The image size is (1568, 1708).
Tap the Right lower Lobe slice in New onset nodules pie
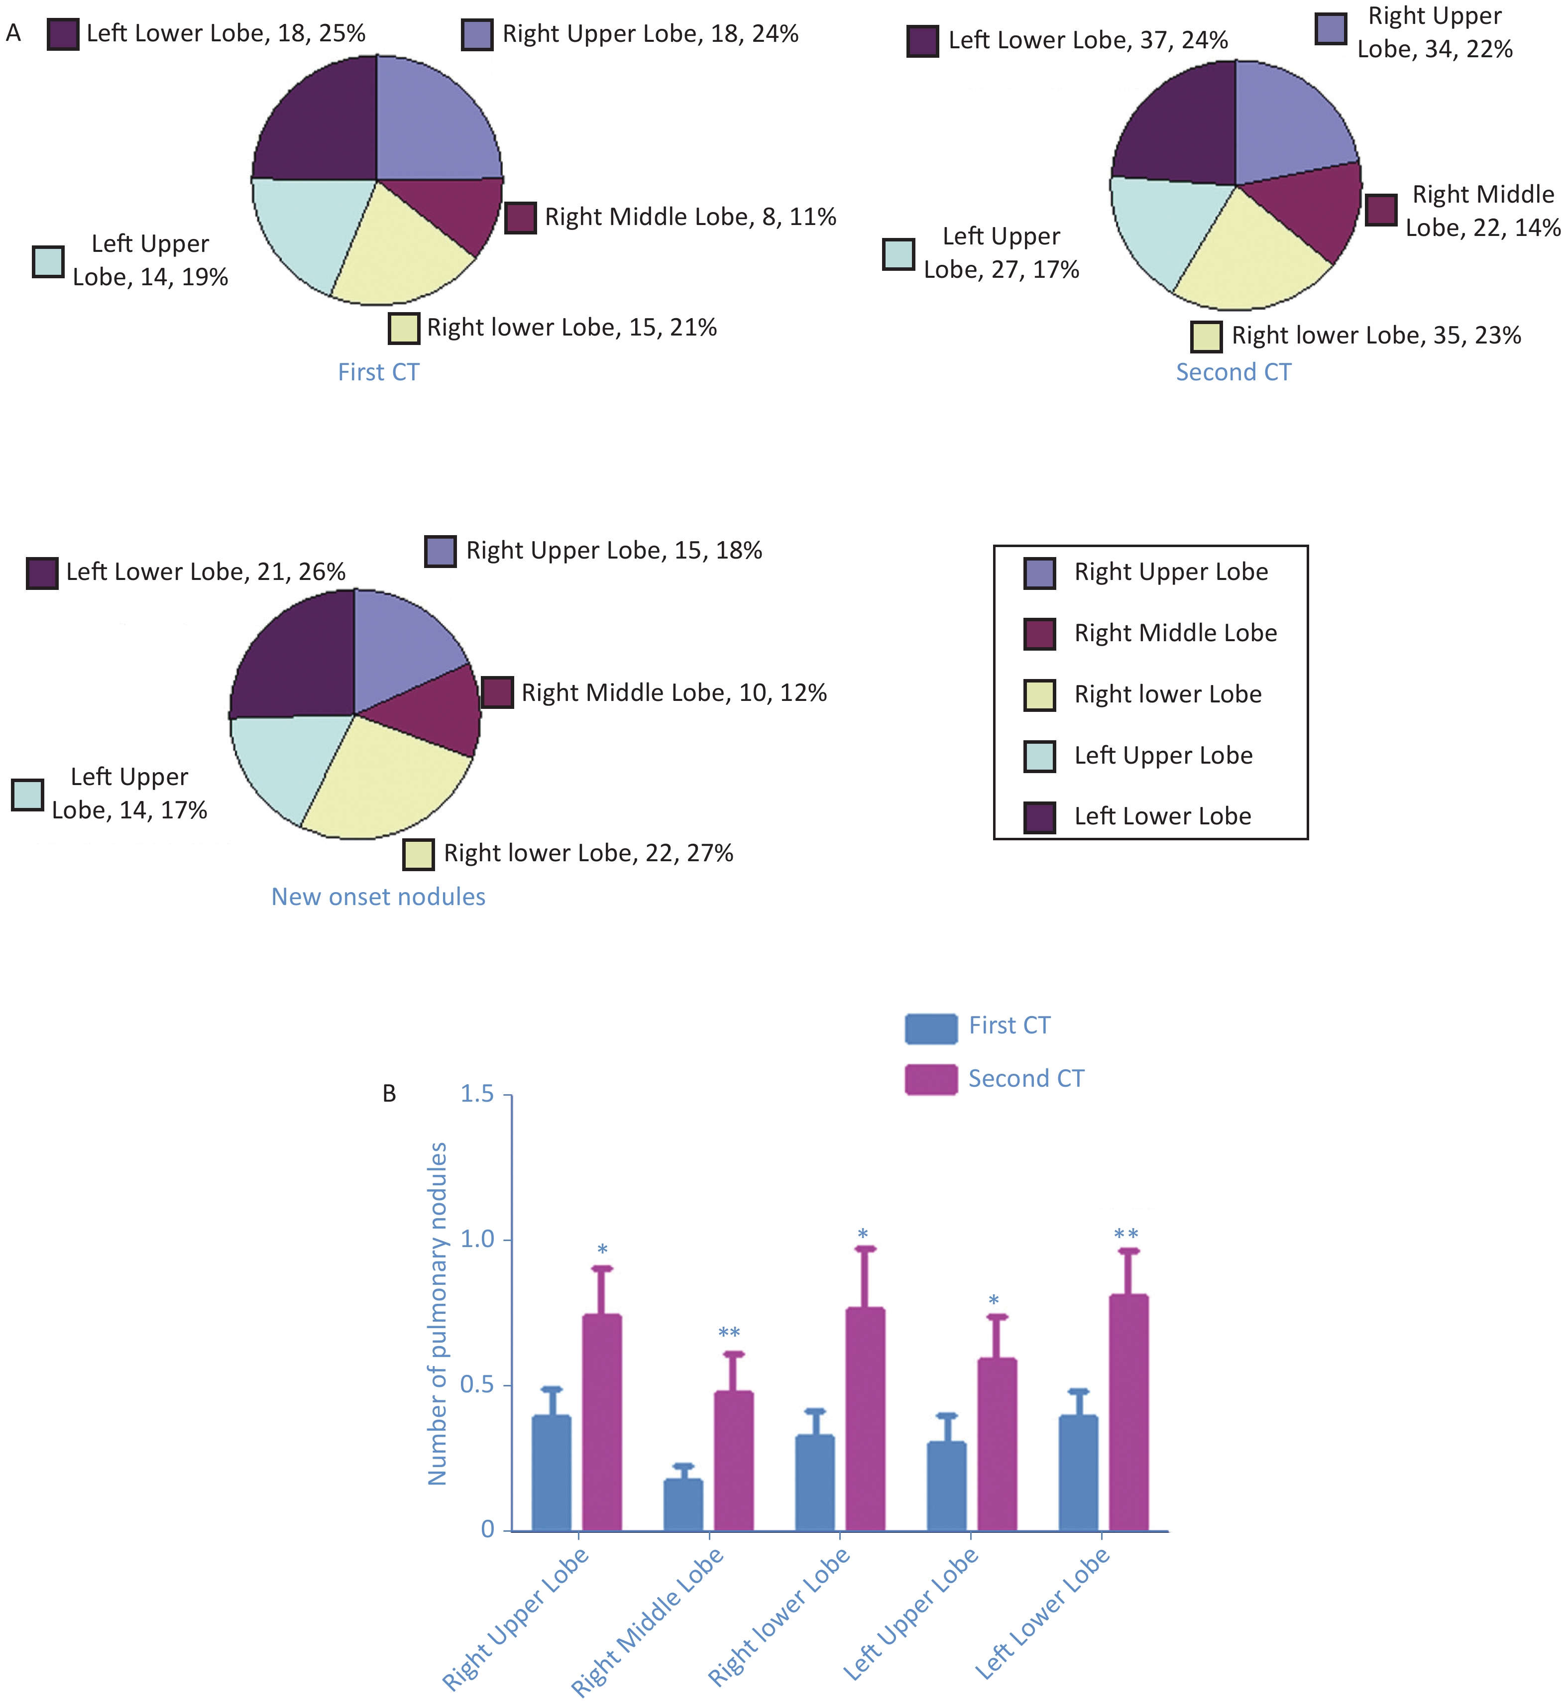pyautogui.click(x=386, y=781)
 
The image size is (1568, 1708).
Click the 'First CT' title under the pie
pyautogui.click(x=378, y=372)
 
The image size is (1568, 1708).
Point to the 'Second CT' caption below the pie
pyautogui.click(x=1233, y=372)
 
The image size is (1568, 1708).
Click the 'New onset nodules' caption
pyautogui.click(x=378, y=897)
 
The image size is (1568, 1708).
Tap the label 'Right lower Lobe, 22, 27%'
pyautogui.click(x=588, y=853)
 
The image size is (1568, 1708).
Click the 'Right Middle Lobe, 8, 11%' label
pyautogui.click(x=690, y=217)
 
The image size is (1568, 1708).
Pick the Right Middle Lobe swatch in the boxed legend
pyautogui.click(x=1039, y=633)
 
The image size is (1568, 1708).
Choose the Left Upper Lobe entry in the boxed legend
pyautogui.click(x=1162, y=755)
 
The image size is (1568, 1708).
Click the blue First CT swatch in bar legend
pyautogui.click(x=931, y=1028)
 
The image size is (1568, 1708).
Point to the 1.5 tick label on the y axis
pyautogui.click(x=477, y=1095)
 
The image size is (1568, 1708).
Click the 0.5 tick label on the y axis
pyautogui.click(x=477, y=1385)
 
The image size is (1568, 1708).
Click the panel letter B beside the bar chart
pyautogui.click(x=389, y=1095)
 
